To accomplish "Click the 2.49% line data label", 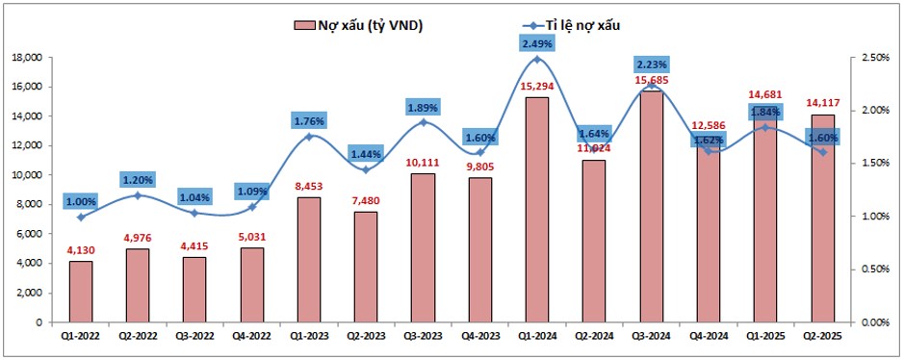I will (x=537, y=43).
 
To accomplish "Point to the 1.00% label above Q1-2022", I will (x=81, y=201).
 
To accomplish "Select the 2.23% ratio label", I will (x=652, y=64).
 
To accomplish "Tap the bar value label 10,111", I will (x=423, y=164).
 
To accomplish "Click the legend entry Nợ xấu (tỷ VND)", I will (x=357, y=25).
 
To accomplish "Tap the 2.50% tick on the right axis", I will (x=874, y=58).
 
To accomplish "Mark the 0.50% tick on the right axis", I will (x=874, y=270).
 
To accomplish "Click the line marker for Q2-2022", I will (x=137, y=195).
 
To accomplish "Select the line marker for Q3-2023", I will (x=423, y=122).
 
